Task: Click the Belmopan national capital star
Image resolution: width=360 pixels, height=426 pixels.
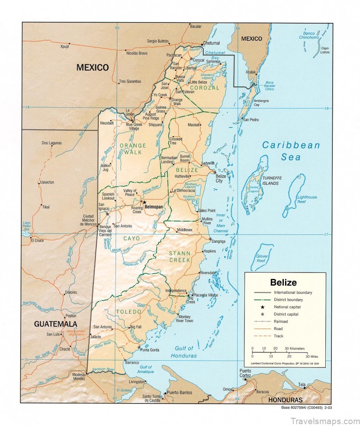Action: click(x=144, y=202)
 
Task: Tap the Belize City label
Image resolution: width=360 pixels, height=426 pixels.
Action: click(x=221, y=178)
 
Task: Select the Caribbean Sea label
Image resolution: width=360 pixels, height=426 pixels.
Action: click(x=291, y=151)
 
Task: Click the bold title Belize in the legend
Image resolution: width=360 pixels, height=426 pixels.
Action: click(x=283, y=282)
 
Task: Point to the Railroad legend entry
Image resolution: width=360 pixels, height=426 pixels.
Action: click(x=278, y=321)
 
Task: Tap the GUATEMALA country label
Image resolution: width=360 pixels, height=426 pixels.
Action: click(x=54, y=324)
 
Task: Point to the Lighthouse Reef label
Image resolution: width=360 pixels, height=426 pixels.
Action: click(x=307, y=199)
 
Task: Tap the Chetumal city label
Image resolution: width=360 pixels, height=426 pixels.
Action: click(x=211, y=43)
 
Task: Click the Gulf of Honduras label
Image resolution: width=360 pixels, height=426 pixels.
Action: click(x=184, y=352)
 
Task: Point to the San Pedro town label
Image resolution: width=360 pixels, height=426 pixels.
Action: click(x=251, y=120)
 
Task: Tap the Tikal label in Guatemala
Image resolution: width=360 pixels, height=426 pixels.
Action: click(x=46, y=207)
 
